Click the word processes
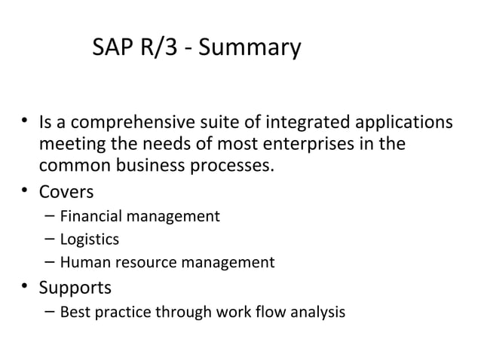[x=232, y=164]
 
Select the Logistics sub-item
[x=89, y=240]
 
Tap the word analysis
[x=319, y=312]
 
